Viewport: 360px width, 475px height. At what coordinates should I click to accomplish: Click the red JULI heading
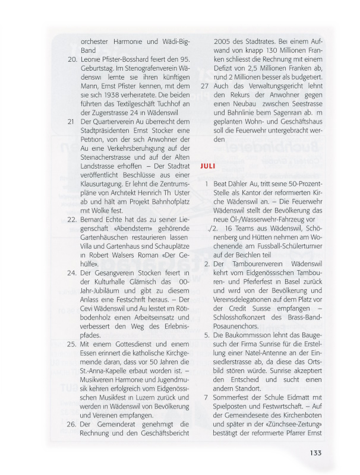point(208,167)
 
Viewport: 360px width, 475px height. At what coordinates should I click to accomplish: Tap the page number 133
point(315,453)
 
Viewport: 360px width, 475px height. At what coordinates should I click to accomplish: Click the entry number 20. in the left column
point(72,60)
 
